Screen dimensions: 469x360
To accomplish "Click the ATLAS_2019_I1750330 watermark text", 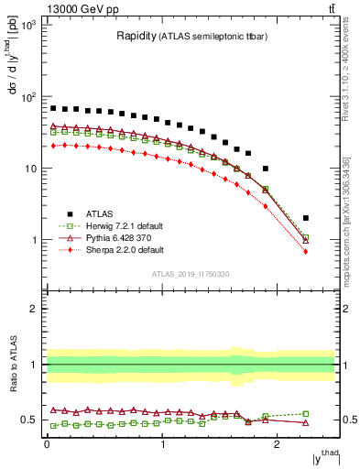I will click(190, 274).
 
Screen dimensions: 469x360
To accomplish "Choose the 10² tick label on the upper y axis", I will click(29, 96).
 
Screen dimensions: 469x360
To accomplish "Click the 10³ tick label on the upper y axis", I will click(29, 25).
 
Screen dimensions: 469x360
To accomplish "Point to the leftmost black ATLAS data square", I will click(52, 108).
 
